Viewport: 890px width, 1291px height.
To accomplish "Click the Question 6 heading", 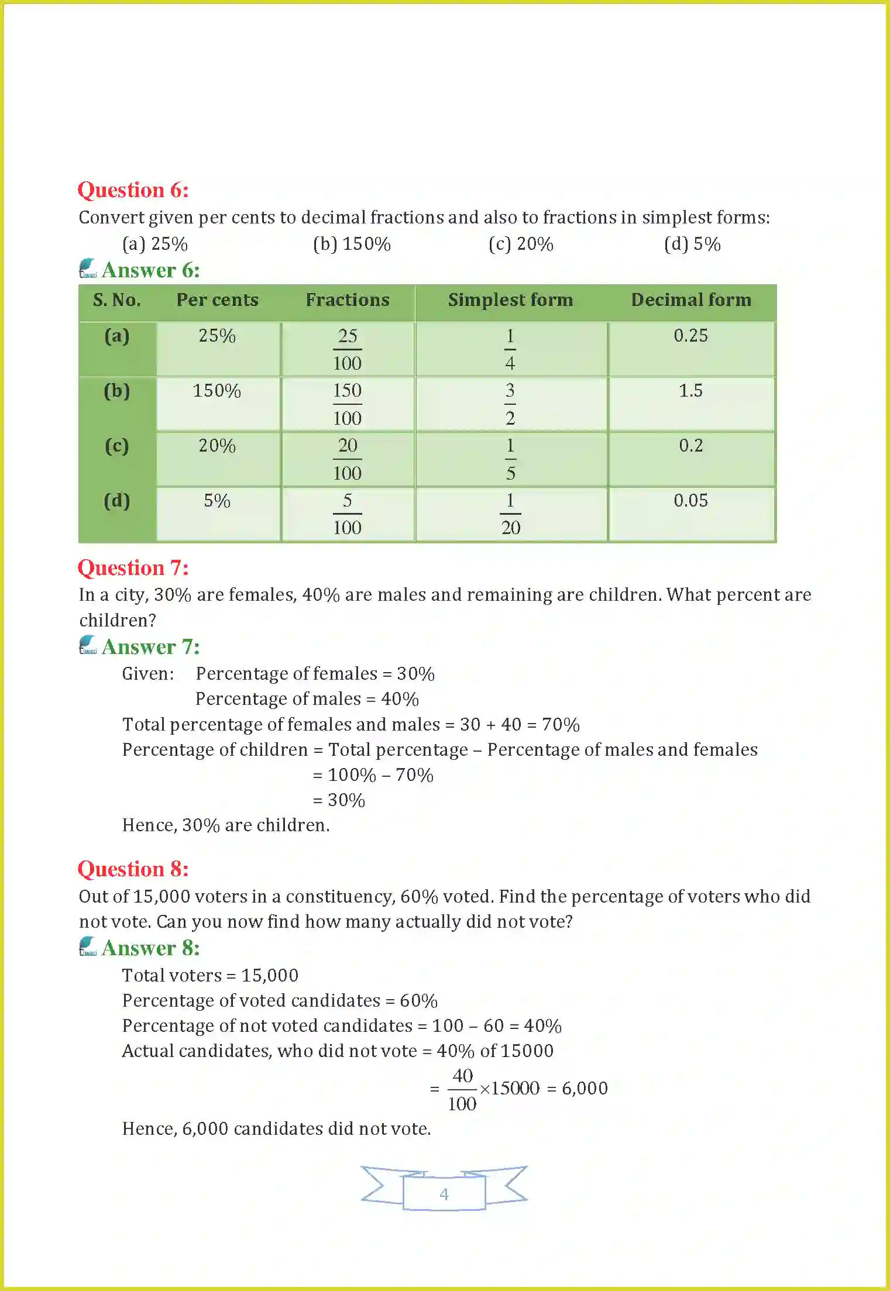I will click(x=133, y=190).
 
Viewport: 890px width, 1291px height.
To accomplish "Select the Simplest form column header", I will click(x=510, y=300).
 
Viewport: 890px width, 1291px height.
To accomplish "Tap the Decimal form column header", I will click(x=691, y=300).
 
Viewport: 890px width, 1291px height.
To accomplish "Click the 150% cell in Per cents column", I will click(x=217, y=391).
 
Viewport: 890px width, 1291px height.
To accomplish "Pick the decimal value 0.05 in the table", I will click(x=690, y=501).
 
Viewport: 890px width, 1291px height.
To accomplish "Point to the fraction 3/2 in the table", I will click(x=510, y=404).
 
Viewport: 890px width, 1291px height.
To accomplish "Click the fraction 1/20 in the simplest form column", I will click(x=510, y=514).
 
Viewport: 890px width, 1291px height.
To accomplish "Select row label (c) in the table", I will click(x=117, y=446).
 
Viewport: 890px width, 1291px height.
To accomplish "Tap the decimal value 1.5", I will click(x=690, y=391).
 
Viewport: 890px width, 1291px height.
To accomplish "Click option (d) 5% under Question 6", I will click(x=692, y=244).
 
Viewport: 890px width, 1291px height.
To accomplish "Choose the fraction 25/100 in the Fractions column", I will click(x=347, y=349).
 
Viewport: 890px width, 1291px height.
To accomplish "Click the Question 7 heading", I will click(x=133, y=568).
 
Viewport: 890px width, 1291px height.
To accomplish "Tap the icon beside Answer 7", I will click(x=88, y=645).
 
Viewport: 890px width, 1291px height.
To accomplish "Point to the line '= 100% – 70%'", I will click(x=373, y=775).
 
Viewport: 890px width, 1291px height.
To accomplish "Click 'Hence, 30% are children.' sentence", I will click(x=226, y=825).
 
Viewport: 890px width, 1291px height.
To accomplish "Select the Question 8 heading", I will click(x=133, y=869).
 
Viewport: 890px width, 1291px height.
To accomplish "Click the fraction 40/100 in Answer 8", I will click(x=462, y=1089).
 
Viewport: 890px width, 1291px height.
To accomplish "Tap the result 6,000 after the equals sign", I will click(x=585, y=1089).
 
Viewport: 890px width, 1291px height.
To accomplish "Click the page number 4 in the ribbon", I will click(x=444, y=1194).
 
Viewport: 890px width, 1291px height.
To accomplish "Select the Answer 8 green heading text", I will click(x=150, y=948).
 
